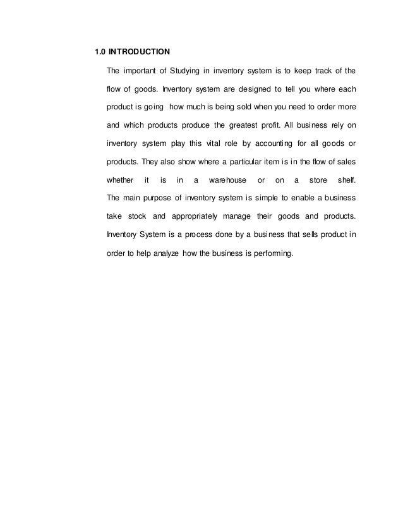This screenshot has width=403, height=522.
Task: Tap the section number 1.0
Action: pos(100,50)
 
